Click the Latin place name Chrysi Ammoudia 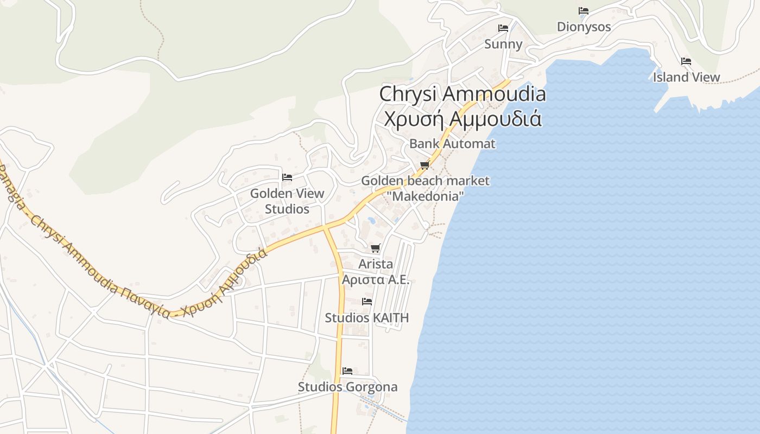[x=463, y=94]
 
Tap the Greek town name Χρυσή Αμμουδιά [x=463, y=118]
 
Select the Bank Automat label [x=452, y=144]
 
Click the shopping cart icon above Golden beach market [x=425, y=165]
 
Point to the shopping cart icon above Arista [x=375, y=248]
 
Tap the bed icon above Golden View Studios [x=287, y=177]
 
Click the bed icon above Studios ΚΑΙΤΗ [x=367, y=302]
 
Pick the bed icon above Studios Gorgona [x=347, y=371]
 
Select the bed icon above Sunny [x=503, y=28]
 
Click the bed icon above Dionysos [x=584, y=11]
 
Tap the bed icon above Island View [x=686, y=61]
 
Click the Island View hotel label [x=686, y=78]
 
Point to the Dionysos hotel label [x=584, y=27]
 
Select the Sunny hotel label [x=503, y=44]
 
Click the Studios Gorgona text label [x=347, y=387]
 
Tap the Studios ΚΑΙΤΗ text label [x=367, y=318]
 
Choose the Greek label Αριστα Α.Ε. [x=375, y=280]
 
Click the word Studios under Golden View [x=287, y=209]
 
